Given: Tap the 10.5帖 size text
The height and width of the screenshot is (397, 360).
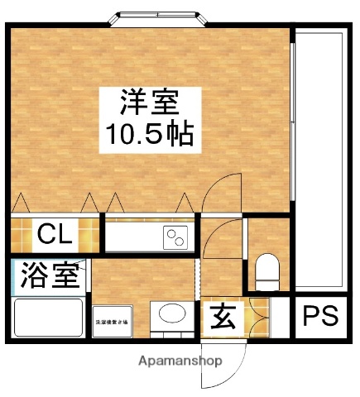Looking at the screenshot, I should coord(149,132).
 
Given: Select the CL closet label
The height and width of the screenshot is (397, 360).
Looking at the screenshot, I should coord(55,233).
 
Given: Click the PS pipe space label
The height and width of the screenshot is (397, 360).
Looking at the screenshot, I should coord(319,317).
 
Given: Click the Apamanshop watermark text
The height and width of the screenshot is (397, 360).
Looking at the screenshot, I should coord(180,361).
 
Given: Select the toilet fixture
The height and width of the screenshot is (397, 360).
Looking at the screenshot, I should coord(266,271).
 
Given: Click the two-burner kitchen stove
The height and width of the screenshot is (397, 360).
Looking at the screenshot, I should coord(175,237).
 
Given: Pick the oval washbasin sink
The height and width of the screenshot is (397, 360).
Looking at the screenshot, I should coord(171,317).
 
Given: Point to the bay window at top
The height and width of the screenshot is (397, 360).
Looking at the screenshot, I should coord(163,18).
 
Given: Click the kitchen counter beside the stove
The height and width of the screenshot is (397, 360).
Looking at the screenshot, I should coord(132,237).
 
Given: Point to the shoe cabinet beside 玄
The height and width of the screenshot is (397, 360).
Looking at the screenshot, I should coord(261,316).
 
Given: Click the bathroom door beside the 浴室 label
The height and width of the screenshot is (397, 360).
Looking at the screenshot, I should coord(89,276).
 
